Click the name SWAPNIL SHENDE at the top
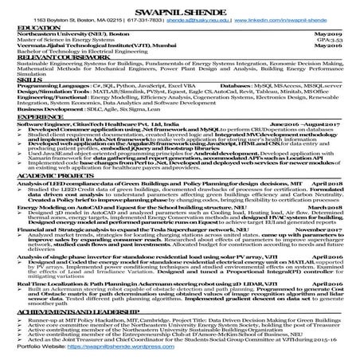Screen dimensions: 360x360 (x=180, y=8)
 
